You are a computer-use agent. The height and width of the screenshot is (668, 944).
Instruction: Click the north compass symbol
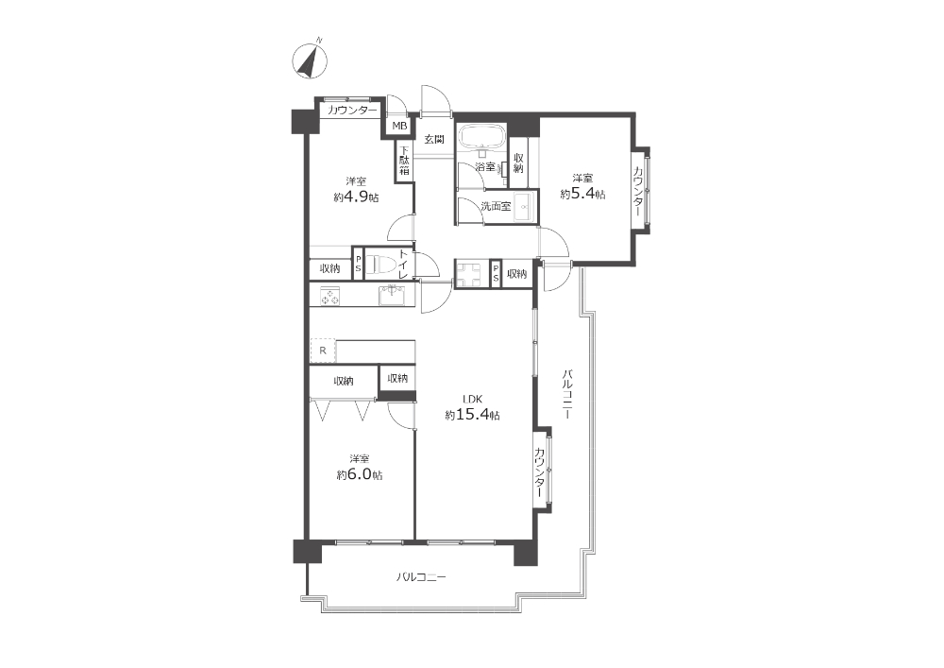310,60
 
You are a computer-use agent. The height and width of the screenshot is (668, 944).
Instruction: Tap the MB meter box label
399,126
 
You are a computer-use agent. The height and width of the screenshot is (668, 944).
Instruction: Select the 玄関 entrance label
434,139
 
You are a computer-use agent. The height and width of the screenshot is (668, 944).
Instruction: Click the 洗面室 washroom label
496,206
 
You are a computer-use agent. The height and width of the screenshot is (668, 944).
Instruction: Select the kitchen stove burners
330,297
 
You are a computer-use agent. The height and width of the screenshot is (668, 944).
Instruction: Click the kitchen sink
393,296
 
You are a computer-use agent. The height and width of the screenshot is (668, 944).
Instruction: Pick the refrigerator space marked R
323,350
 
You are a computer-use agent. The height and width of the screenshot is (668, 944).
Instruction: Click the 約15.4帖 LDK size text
472,415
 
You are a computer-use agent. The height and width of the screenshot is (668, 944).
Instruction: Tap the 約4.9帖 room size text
357,197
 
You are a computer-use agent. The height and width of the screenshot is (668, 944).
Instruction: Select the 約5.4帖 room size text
582,194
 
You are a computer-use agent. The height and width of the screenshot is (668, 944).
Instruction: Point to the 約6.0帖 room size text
360,474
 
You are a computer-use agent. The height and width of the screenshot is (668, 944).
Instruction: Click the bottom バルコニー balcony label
421,577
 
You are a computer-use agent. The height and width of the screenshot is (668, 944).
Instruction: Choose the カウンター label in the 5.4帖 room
637,191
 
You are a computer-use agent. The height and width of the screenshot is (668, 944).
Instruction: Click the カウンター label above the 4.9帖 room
352,111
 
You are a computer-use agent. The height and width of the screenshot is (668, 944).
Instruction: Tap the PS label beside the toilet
358,264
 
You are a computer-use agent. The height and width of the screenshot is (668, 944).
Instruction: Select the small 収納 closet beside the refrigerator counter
397,378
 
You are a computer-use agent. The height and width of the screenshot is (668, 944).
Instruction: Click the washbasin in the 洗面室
524,207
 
